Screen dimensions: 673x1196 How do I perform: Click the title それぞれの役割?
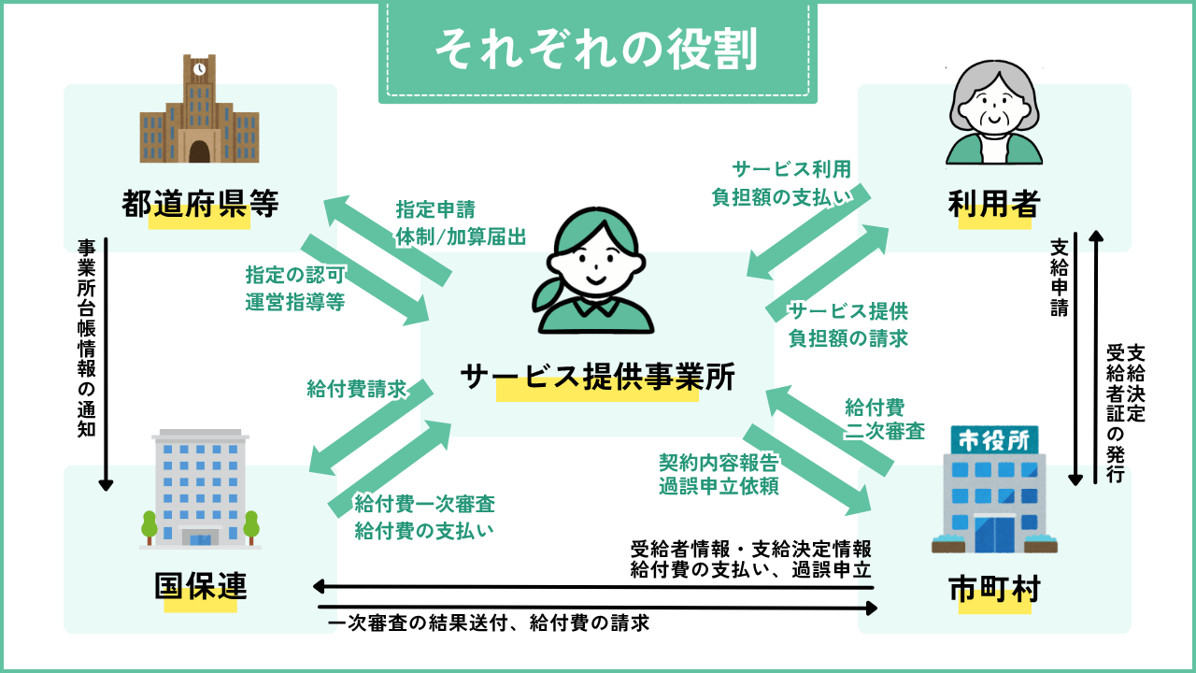tap(597, 50)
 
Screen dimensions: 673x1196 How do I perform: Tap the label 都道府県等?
tap(200, 203)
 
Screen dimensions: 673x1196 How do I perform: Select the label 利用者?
tap(993, 203)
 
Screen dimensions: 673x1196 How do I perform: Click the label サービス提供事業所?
tap(597, 377)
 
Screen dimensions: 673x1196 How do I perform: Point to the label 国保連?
tap(200, 586)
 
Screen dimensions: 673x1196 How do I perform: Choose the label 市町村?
tap(993, 589)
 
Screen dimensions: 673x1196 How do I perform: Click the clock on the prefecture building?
tap(199, 68)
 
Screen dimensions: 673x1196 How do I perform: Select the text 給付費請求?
tap(356, 389)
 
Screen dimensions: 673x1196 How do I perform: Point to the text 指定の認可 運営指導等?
tap(295, 289)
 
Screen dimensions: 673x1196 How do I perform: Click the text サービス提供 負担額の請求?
tap(848, 324)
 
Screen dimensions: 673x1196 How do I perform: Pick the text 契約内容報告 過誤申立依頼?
tap(719, 474)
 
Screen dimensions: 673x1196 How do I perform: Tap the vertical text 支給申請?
tap(1060, 278)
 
